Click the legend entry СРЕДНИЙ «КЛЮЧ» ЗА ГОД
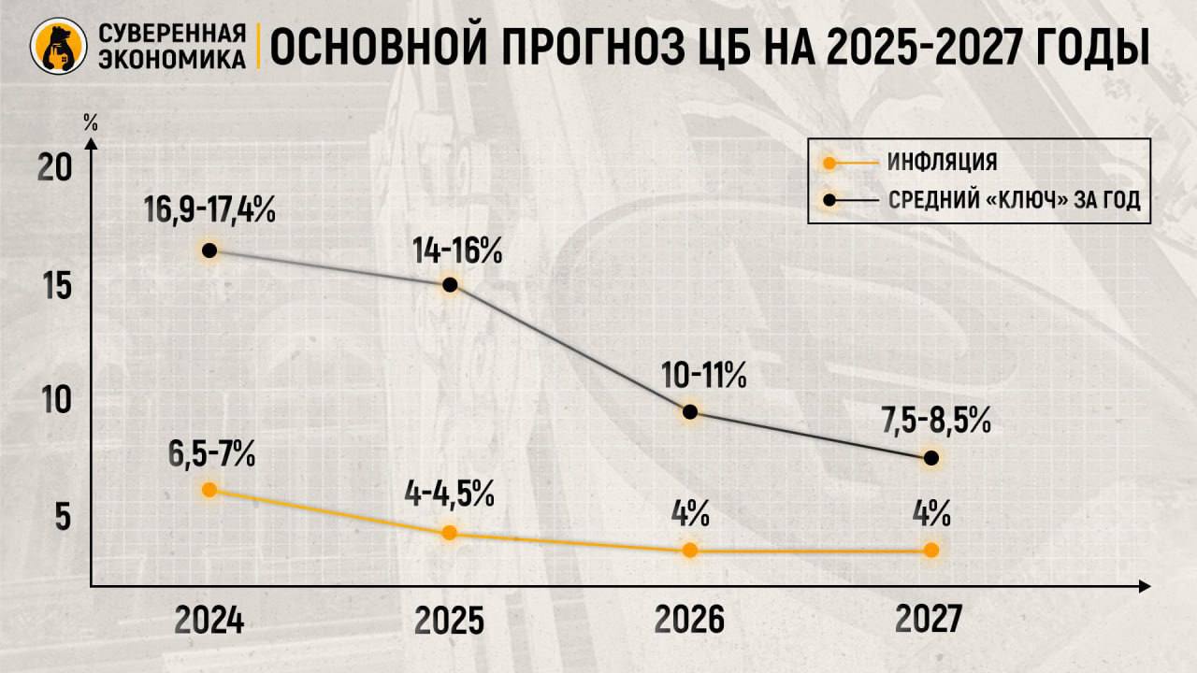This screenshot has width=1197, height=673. [x=1014, y=201]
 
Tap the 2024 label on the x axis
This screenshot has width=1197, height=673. [x=209, y=620]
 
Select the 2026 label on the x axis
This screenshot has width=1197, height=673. [x=689, y=620]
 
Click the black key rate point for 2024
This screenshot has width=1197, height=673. [x=209, y=251]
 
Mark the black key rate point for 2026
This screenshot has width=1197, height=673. [x=690, y=412]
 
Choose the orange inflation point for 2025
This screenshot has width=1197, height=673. [x=449, y=533]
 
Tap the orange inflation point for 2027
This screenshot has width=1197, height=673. [x=930, y=551]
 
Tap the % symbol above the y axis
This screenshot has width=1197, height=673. [x=90, y=123]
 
